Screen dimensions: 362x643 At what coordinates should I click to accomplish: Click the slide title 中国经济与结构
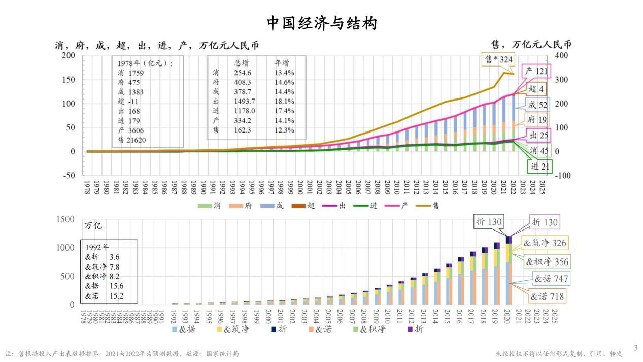point(322,23)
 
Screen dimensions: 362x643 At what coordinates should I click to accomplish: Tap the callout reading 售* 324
point(499,59)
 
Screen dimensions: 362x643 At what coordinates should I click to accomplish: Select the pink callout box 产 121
point(536,72)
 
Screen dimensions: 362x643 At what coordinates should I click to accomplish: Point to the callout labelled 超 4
point(536,89)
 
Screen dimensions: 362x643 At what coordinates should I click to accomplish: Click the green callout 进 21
point(539,166)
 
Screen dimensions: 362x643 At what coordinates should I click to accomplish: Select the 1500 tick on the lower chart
point(65,219)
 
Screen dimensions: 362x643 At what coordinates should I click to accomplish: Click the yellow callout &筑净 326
point(545,243)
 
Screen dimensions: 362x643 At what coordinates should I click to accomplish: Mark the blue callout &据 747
point(550,278)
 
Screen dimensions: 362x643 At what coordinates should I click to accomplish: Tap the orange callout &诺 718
point(547,296)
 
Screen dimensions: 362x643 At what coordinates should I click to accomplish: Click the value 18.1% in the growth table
point(285,101)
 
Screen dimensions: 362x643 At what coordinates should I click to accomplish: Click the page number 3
point(635,348)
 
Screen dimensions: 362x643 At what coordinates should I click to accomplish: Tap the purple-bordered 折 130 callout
point(545,222)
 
